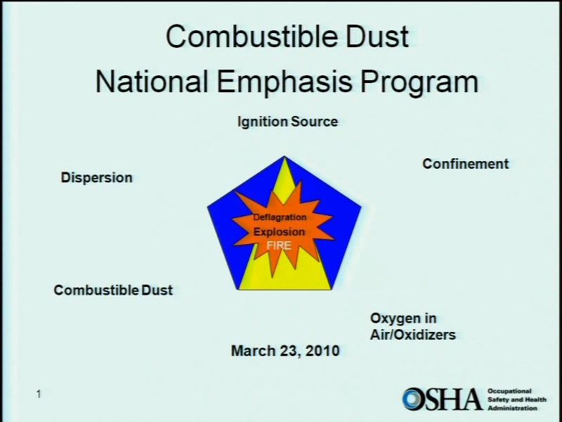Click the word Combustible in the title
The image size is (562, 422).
coord(251,37)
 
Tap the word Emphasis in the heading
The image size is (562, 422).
coord(285,82)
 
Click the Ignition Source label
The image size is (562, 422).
coord(287,122)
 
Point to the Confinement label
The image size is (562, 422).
coord(466,164)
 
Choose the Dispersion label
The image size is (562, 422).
coord(97,178)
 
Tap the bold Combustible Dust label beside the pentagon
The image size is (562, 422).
coord(113,290)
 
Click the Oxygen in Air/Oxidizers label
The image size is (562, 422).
coord(413,326)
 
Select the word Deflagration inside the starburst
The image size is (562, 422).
coord(280,217)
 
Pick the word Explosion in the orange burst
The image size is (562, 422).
coord(279,232)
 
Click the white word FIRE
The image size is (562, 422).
coord(279,245)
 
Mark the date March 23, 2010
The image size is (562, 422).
coord(285,350)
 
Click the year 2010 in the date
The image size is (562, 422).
coord(322,350)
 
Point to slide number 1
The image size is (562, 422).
coord(39,394)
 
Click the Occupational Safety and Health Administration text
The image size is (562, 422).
coord(517,399)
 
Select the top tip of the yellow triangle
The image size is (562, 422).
coord(285,156)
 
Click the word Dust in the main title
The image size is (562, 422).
coord(377,37)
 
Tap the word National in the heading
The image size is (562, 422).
coord(152,82)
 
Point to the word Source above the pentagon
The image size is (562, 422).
coord(314,122)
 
